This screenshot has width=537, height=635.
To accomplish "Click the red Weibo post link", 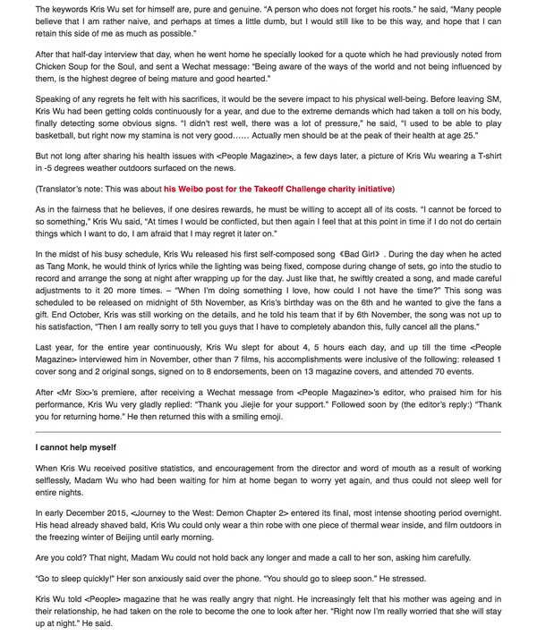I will click(x=277, y=189).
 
